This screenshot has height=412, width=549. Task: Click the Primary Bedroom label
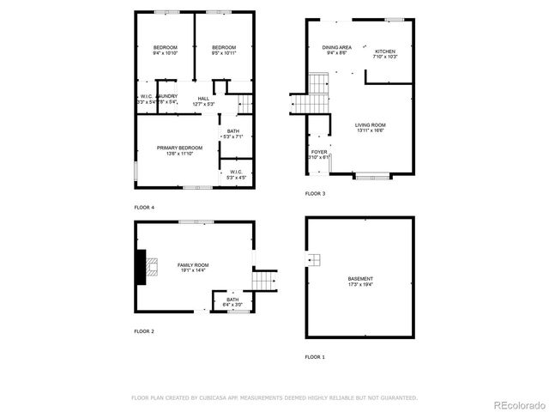coord(179,148)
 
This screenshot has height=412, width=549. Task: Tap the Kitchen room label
coord(383,51)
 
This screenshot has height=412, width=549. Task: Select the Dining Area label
coord(336,47)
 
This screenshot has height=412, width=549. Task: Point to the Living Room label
coord(370,125)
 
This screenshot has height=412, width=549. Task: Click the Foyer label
coord(318,152)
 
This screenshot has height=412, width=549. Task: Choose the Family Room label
coord(193,266)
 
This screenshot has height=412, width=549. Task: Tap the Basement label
coord(360,279)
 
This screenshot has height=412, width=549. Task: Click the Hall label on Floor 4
coord(203,99)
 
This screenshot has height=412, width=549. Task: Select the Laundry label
coord(167,96)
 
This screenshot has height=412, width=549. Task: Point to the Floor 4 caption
coord(144,208)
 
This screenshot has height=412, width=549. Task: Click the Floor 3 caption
coord(315,194)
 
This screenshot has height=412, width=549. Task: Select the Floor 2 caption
coord(144,330)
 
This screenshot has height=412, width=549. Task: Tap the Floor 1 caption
coord(315,356)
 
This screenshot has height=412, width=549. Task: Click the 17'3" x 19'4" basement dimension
coord(360,284)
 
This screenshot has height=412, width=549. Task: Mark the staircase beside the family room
coord(265,280)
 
